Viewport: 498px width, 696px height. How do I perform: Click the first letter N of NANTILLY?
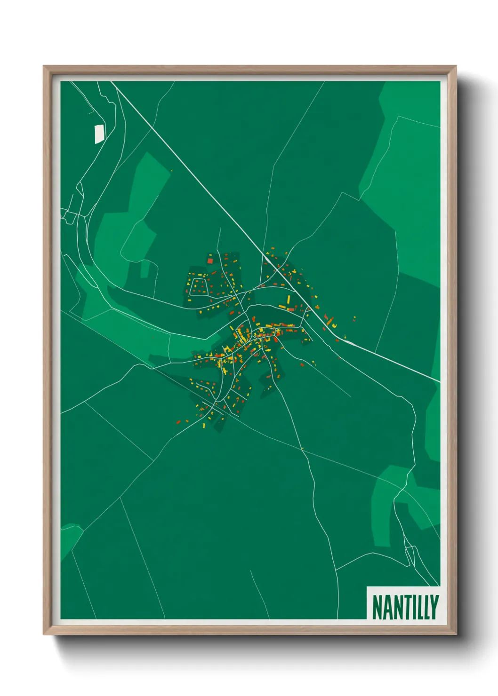coord(376,608)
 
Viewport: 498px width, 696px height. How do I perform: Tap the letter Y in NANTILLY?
coord(434,608)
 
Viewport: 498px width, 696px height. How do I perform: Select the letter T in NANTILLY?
coord(404,608)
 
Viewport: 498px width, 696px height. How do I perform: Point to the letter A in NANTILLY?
coord(386,608)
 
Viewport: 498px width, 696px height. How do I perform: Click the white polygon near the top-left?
coord(99,134)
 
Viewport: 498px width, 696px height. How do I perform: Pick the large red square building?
coord(210,261)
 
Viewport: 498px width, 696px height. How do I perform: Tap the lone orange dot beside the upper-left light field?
coord(172,171)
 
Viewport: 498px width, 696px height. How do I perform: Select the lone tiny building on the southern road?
coord(302,449)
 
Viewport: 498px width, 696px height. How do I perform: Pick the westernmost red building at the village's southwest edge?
coord(178,422)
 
